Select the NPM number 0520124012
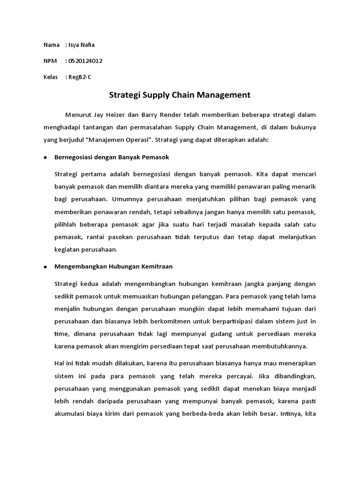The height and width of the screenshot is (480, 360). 85,61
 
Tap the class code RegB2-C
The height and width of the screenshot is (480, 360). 80,77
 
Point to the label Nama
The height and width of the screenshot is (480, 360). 52,45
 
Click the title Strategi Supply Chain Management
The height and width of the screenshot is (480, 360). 180,95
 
